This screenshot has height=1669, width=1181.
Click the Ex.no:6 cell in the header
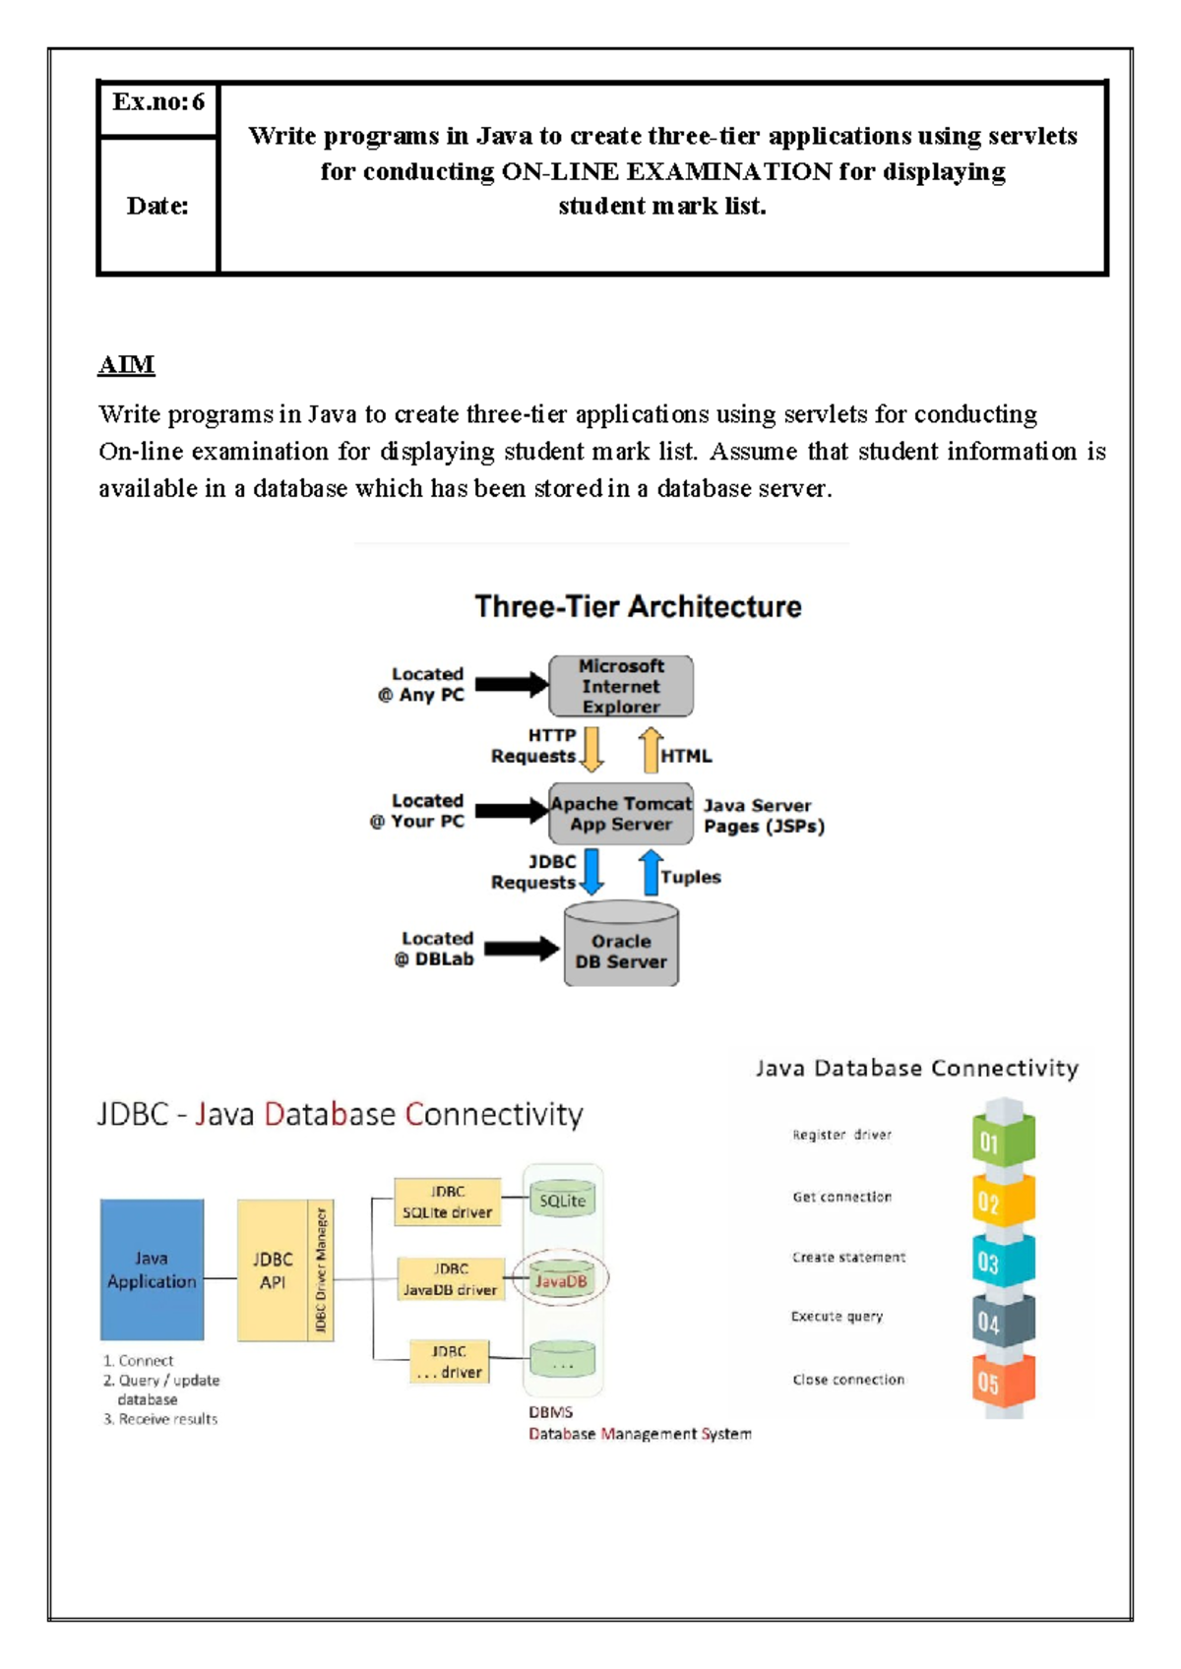tap(157, 102)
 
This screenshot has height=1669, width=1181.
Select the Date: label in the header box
tap(157, 206)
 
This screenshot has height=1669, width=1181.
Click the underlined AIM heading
tap(126, 365)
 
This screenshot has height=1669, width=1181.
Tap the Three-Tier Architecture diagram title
tap(638, 606)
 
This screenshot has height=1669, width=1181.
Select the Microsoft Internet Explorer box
tap(621, 686)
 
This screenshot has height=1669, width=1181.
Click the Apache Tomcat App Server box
tap(621, 814)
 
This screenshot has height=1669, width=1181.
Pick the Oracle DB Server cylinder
tap(621, 947)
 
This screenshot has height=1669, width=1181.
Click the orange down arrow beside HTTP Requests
tap(591, 749)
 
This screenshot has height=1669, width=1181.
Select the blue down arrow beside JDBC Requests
tap(591, 871)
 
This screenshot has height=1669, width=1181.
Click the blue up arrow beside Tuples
tap(650, 872)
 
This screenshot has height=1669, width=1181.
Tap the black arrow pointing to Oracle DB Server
tap(521, 949)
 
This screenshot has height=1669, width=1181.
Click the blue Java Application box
tap(152, 1269)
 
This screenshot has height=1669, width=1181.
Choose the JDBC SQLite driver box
tap(447, 1202)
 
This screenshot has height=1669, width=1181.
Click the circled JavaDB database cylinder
tap(562, 1280)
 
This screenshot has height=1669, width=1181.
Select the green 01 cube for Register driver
tap(1003, 1140)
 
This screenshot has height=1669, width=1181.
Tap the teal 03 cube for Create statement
tap(1003, 1262)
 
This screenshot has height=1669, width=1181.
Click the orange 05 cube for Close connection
tap(1003, 1382)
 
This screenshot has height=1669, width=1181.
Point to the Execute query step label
tap(837, 1317)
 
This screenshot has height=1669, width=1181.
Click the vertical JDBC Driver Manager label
tap(321, 1269)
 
